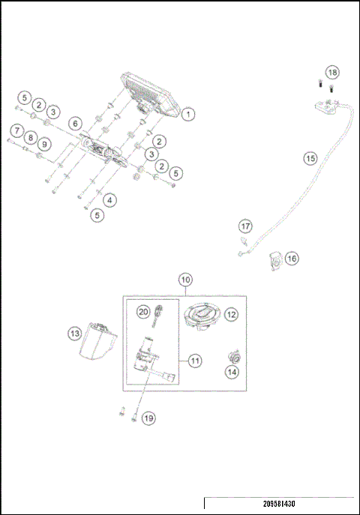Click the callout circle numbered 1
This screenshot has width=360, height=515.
187,115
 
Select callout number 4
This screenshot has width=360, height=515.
110,200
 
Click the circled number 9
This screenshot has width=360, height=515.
44,143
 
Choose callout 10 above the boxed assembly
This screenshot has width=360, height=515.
186,279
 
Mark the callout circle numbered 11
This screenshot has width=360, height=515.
194,361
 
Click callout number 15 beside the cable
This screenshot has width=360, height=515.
310,158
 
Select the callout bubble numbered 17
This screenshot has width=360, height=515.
245,226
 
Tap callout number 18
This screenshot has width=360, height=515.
332,72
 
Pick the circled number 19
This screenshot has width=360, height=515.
148,418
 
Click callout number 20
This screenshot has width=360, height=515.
143,310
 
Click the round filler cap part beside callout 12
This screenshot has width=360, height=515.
202,316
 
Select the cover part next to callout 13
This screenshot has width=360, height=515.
95,343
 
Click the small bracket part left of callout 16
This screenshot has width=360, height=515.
274,261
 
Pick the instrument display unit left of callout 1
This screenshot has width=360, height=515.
146,95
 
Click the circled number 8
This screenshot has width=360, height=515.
29,138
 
